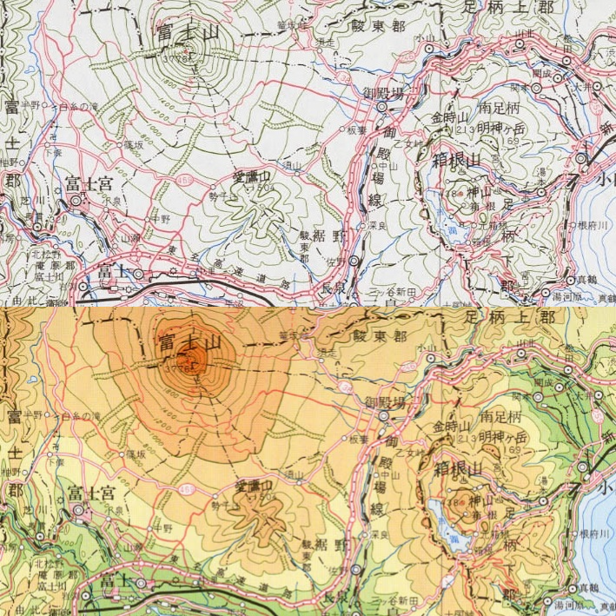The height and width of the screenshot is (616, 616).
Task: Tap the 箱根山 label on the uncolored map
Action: (455, 160)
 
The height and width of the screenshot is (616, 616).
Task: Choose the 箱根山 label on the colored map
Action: (455, 470)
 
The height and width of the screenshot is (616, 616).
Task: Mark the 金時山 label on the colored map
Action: (450, 427)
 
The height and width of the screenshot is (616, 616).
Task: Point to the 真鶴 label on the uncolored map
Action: (594, 280)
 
